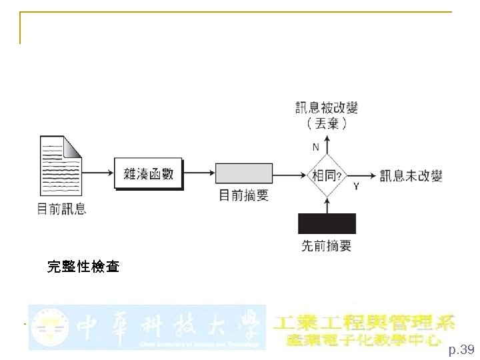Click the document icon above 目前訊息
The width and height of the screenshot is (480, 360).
[61, 166]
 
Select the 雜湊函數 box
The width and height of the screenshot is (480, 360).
[148, 174]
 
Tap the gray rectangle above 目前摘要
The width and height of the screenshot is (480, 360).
[244, 173]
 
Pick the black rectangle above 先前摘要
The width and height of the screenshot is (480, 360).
[327, 223]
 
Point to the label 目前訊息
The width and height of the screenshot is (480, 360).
[61, 209]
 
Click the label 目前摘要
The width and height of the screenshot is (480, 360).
[244, 195]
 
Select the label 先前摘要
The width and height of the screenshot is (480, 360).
[327, 246]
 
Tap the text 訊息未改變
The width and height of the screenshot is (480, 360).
[411, 176]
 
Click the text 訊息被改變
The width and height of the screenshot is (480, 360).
[327, 107]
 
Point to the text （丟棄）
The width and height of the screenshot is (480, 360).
[327, 123]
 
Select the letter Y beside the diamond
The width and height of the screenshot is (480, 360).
[355, 187]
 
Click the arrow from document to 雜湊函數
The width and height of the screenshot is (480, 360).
[99, 173]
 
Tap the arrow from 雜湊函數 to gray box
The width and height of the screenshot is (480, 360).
[199, 173]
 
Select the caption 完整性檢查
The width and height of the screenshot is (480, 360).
[83, 267]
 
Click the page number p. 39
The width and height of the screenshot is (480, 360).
[461, 349]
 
